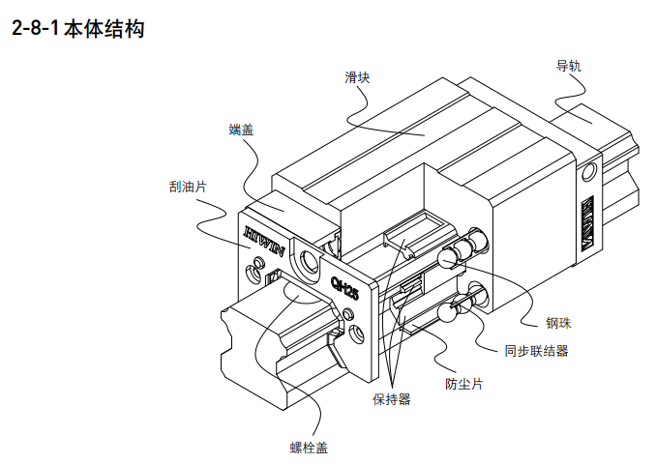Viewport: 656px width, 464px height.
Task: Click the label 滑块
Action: coord(357,77)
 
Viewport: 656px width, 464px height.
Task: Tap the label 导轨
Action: coord(568,67)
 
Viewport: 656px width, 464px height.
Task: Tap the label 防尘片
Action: coord(463,384)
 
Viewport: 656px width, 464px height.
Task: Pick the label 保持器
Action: coord(391,398)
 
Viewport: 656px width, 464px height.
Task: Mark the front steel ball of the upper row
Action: coord(447,257)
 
